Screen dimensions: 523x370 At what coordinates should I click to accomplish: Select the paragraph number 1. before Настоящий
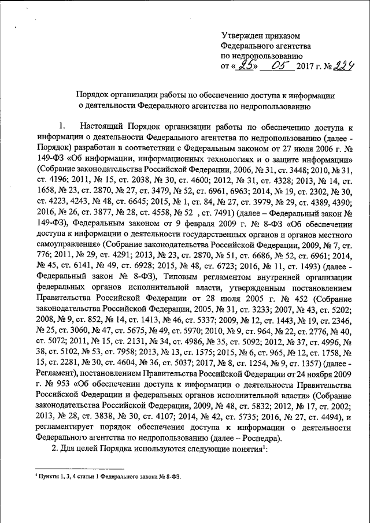(64, 126)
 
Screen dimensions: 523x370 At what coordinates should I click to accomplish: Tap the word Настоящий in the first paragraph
(100, 126)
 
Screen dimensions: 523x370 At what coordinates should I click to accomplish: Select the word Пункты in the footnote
(49, 475)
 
